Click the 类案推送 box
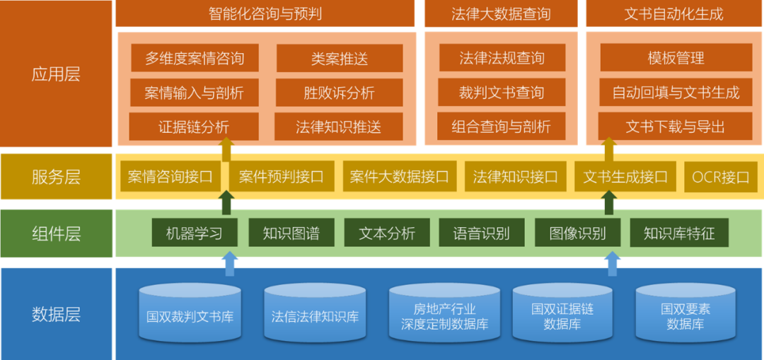coord(340,58)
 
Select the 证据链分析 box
coord(194,127)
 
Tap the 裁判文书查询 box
coord(502,93)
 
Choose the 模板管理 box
coord(676,58)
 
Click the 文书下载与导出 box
coord(676,127)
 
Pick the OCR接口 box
coord(720,177)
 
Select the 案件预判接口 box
coord(281,177)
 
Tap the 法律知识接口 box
coord(515,177)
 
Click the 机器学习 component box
coord(195,233)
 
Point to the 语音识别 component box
coord(482,233)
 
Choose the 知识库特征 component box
coord(679,233)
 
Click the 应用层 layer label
coord(56,74)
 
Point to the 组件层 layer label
coord(56,233)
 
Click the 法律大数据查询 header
coord(501,13)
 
